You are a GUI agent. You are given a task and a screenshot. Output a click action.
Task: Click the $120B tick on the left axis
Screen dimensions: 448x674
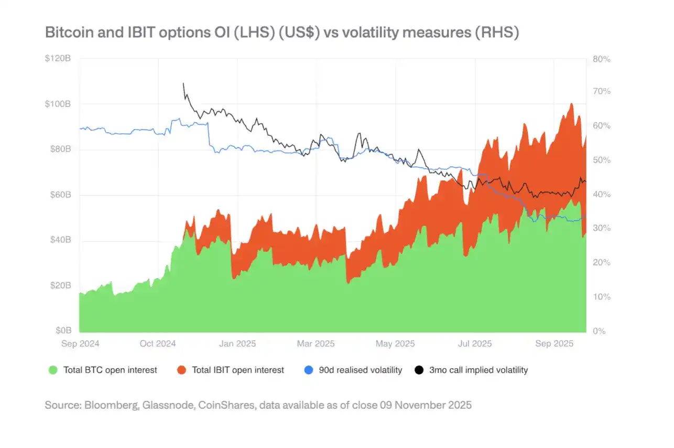[58, 58]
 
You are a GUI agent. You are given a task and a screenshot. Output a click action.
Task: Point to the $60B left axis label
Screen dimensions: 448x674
[60, 195]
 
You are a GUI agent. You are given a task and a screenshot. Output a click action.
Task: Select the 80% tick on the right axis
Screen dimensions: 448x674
[602, 59]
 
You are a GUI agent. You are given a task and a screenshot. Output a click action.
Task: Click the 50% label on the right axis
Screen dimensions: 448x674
[602, 160]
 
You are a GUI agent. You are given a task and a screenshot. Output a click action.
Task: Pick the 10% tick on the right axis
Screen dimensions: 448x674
[602, 297]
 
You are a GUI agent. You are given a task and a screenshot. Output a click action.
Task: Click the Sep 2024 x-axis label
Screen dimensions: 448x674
[80, 344]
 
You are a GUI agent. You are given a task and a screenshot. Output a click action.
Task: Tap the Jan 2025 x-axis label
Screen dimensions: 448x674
[238, 344]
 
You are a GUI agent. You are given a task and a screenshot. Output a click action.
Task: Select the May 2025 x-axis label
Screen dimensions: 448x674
[395, 344]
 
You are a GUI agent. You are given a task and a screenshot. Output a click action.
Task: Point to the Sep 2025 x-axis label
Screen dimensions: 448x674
[554, 344]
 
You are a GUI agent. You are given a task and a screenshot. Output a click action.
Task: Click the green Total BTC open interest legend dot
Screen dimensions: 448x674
[52, 370]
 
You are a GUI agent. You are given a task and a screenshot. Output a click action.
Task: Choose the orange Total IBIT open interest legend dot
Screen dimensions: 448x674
[181, 370]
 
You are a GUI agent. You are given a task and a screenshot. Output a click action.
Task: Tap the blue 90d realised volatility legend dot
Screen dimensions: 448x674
[308, 370]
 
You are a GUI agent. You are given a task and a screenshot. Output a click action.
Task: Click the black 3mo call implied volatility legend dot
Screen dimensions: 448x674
[419, 370]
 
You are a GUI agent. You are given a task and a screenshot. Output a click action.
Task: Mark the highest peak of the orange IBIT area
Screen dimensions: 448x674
[571, 104]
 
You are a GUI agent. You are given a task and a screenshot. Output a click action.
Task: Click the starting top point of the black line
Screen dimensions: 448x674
[183, 83]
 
